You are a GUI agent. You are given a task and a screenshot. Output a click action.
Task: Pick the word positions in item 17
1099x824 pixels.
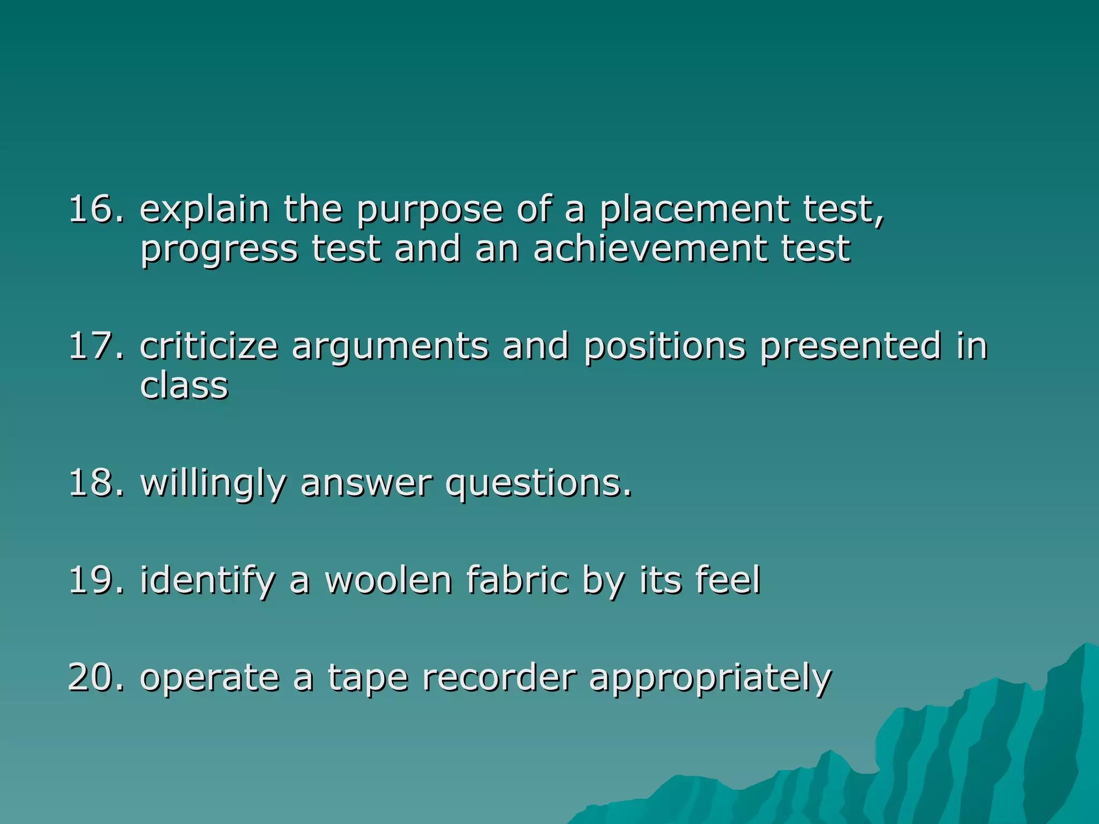click(x=664, y=348)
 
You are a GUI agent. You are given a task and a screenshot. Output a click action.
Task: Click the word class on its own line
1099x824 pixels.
click(x=184, y=386)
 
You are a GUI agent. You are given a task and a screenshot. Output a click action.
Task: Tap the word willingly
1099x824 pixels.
click(x=213, y=484)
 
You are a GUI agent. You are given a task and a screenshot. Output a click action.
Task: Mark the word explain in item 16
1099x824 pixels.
click(x=204, y=210)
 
